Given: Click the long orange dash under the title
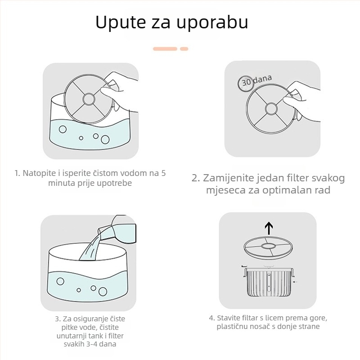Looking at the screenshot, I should coord(165,48).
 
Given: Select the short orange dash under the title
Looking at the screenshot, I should coord(184,48).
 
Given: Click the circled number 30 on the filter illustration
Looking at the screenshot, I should coord(246,83).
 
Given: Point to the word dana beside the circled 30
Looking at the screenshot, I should coord(262,80).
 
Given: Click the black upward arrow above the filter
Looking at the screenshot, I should coord(269,228).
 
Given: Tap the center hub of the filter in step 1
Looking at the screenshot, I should coord(88,98).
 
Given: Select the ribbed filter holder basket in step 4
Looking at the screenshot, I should coord(269,282).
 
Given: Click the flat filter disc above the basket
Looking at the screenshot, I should coord(269,246).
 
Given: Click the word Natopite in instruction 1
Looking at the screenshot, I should coord(39,173).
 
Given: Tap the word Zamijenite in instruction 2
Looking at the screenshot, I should coord(226,178).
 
